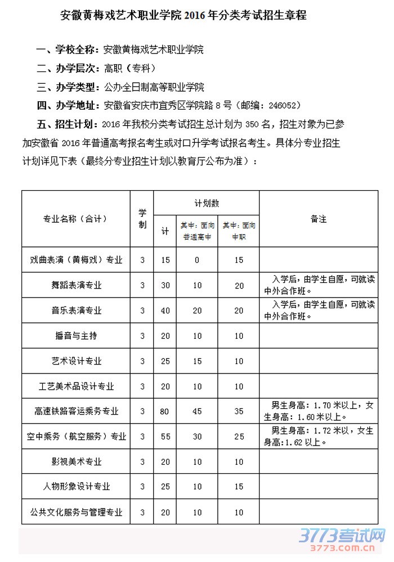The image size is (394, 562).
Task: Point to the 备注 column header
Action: (318, 219)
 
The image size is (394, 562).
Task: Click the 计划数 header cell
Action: (207, 202)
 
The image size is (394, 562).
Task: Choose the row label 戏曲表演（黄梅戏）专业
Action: (76, 260)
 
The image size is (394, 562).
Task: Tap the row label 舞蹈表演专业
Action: (76, 285)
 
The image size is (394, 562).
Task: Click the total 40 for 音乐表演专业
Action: (165, 311)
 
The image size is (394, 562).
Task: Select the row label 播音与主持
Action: (76, 336)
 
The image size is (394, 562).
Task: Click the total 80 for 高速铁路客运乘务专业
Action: (165, 412)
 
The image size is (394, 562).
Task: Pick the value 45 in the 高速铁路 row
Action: (197, 412)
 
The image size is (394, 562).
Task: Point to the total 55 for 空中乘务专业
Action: (165, 437)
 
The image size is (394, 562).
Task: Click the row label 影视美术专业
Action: (76, 462)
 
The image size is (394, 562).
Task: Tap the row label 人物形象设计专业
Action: (76, 487)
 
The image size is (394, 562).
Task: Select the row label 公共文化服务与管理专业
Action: (76, 512)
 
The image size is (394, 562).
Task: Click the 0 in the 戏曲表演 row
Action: (197, 260)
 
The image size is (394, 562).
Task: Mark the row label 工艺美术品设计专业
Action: (76, 386)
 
